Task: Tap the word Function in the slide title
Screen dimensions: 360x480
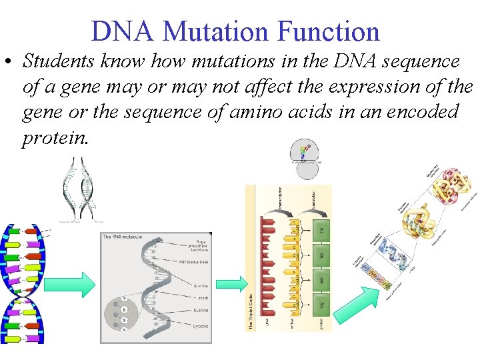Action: [x=328, y=31]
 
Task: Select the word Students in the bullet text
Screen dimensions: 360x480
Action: [x=60, y=61]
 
